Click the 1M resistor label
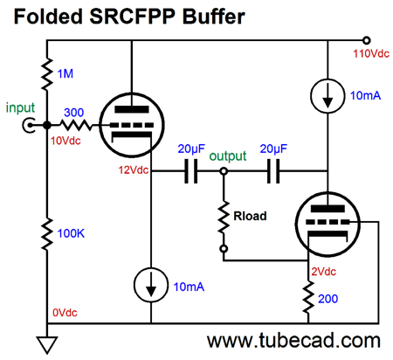click(x=65, y=73)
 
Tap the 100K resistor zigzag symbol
click(x=47, y=234)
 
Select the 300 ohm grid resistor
click(x=76, y=125)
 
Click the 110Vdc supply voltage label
click(x=371, y=53)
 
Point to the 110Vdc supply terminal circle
click(x=367, y=40)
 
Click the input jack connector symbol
click(x=29, y=125)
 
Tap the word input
click(x=20, y=107)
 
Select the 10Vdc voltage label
click(x=65, y=141)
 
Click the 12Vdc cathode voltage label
click(x=134, y=170)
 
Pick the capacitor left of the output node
click(x=191, y=171)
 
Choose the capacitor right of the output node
click(x=273, y=171)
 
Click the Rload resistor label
click(x=250, y=216)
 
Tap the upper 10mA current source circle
click(x=327, y=95)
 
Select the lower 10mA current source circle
click(x=151, y=285)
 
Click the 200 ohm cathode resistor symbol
click(x=308, y=297)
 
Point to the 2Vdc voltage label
click(x=324, y=272)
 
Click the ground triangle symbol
click(x=47, y=345)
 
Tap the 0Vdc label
click(x=65, y=313)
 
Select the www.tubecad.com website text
click(x=293, y=341)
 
